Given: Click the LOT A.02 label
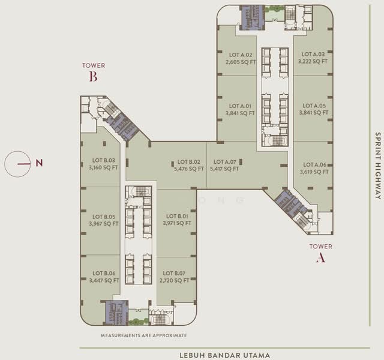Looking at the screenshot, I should (x=240, y=54).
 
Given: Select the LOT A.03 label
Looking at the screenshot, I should (x=314, y=53).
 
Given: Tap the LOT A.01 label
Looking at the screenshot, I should (x=240, y=105).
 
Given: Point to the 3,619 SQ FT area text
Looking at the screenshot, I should (x=314, y=172).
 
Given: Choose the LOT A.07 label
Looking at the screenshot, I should (x=225, y=161).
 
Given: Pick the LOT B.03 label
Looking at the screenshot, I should (x=104, y=160).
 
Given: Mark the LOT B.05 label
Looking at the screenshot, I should (x=104, y=217).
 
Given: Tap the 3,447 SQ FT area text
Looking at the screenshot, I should (x=104, y=280).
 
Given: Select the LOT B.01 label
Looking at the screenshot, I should (x=177, y=216).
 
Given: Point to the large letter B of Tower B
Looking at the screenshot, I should (x=93, y=77).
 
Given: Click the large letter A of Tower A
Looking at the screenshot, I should (x=320, y=258).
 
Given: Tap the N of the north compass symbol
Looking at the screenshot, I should (x=39, y=163).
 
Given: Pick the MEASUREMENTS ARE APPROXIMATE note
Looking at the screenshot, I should (x=144, y=335).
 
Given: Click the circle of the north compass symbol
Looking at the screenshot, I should (x=17, y=163).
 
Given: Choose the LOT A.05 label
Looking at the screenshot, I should (x=314, y=105).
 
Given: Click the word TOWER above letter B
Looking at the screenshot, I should (x=94, y=65).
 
